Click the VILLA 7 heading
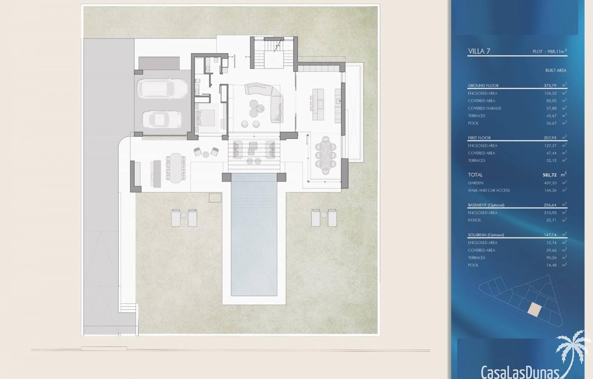[479, 51]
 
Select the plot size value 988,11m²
[557, 51]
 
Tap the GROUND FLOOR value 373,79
[550, 85]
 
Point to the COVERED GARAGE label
[484, 108]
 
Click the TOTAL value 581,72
[550, 175]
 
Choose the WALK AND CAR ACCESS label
[489, 190]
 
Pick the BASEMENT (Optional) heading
[486, 205]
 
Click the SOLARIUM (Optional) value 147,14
[550, 235]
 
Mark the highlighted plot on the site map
[534, 310]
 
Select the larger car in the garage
[163, 89]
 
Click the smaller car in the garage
[162, 120]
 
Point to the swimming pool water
[254, 234]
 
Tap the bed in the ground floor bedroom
[205, 118]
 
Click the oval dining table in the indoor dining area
[325, 155]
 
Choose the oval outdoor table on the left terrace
[176, 168]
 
